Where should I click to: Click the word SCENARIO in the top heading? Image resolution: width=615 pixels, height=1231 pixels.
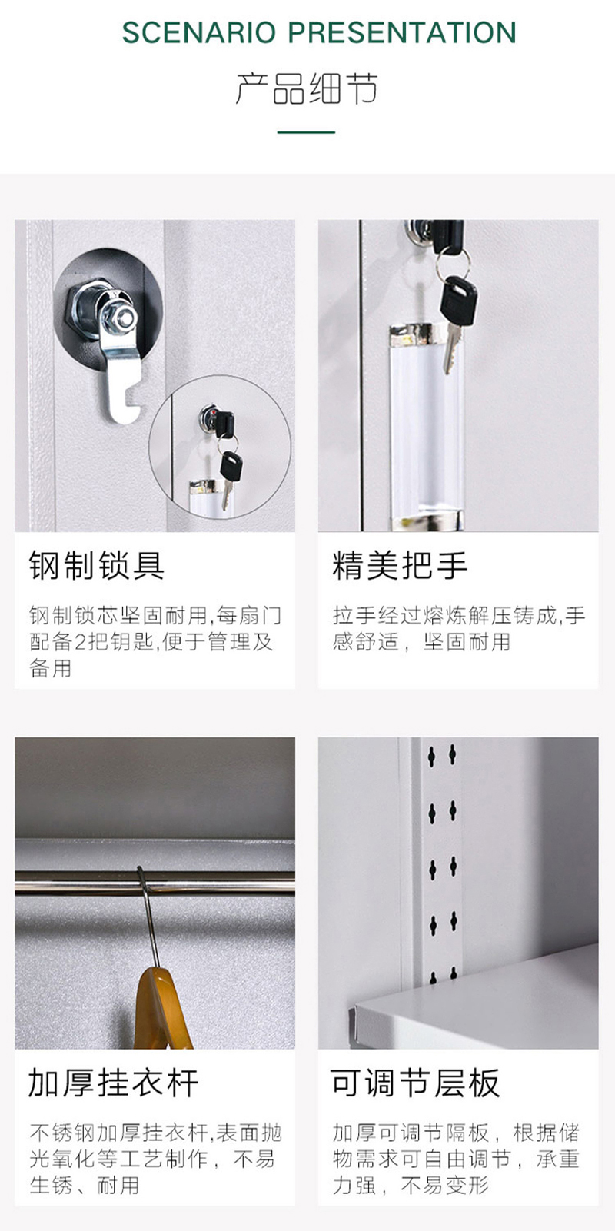(x=198, y=32)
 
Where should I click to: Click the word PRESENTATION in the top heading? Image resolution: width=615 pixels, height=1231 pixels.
(x=402, y=32)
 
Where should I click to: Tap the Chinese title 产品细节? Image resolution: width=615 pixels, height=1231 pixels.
(x=307, y=88)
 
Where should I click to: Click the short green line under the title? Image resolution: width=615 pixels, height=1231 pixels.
(x=306, y=132)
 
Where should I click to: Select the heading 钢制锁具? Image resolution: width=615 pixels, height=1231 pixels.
(x=97, y=565)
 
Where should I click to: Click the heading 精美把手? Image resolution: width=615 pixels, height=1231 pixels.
(x=400, y=565)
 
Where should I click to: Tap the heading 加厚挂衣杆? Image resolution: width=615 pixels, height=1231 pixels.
(x=113, y=1083)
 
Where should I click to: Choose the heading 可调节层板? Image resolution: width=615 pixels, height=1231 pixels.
(x=415, y=1083)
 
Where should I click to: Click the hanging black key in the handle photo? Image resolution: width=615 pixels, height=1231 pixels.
(x=457, y=321)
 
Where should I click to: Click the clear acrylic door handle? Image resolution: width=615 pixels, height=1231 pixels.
(x=427, y=426)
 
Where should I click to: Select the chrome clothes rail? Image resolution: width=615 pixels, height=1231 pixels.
(x=155, y=883)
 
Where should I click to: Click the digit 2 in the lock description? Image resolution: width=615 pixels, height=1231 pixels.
(x=80, y=642)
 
